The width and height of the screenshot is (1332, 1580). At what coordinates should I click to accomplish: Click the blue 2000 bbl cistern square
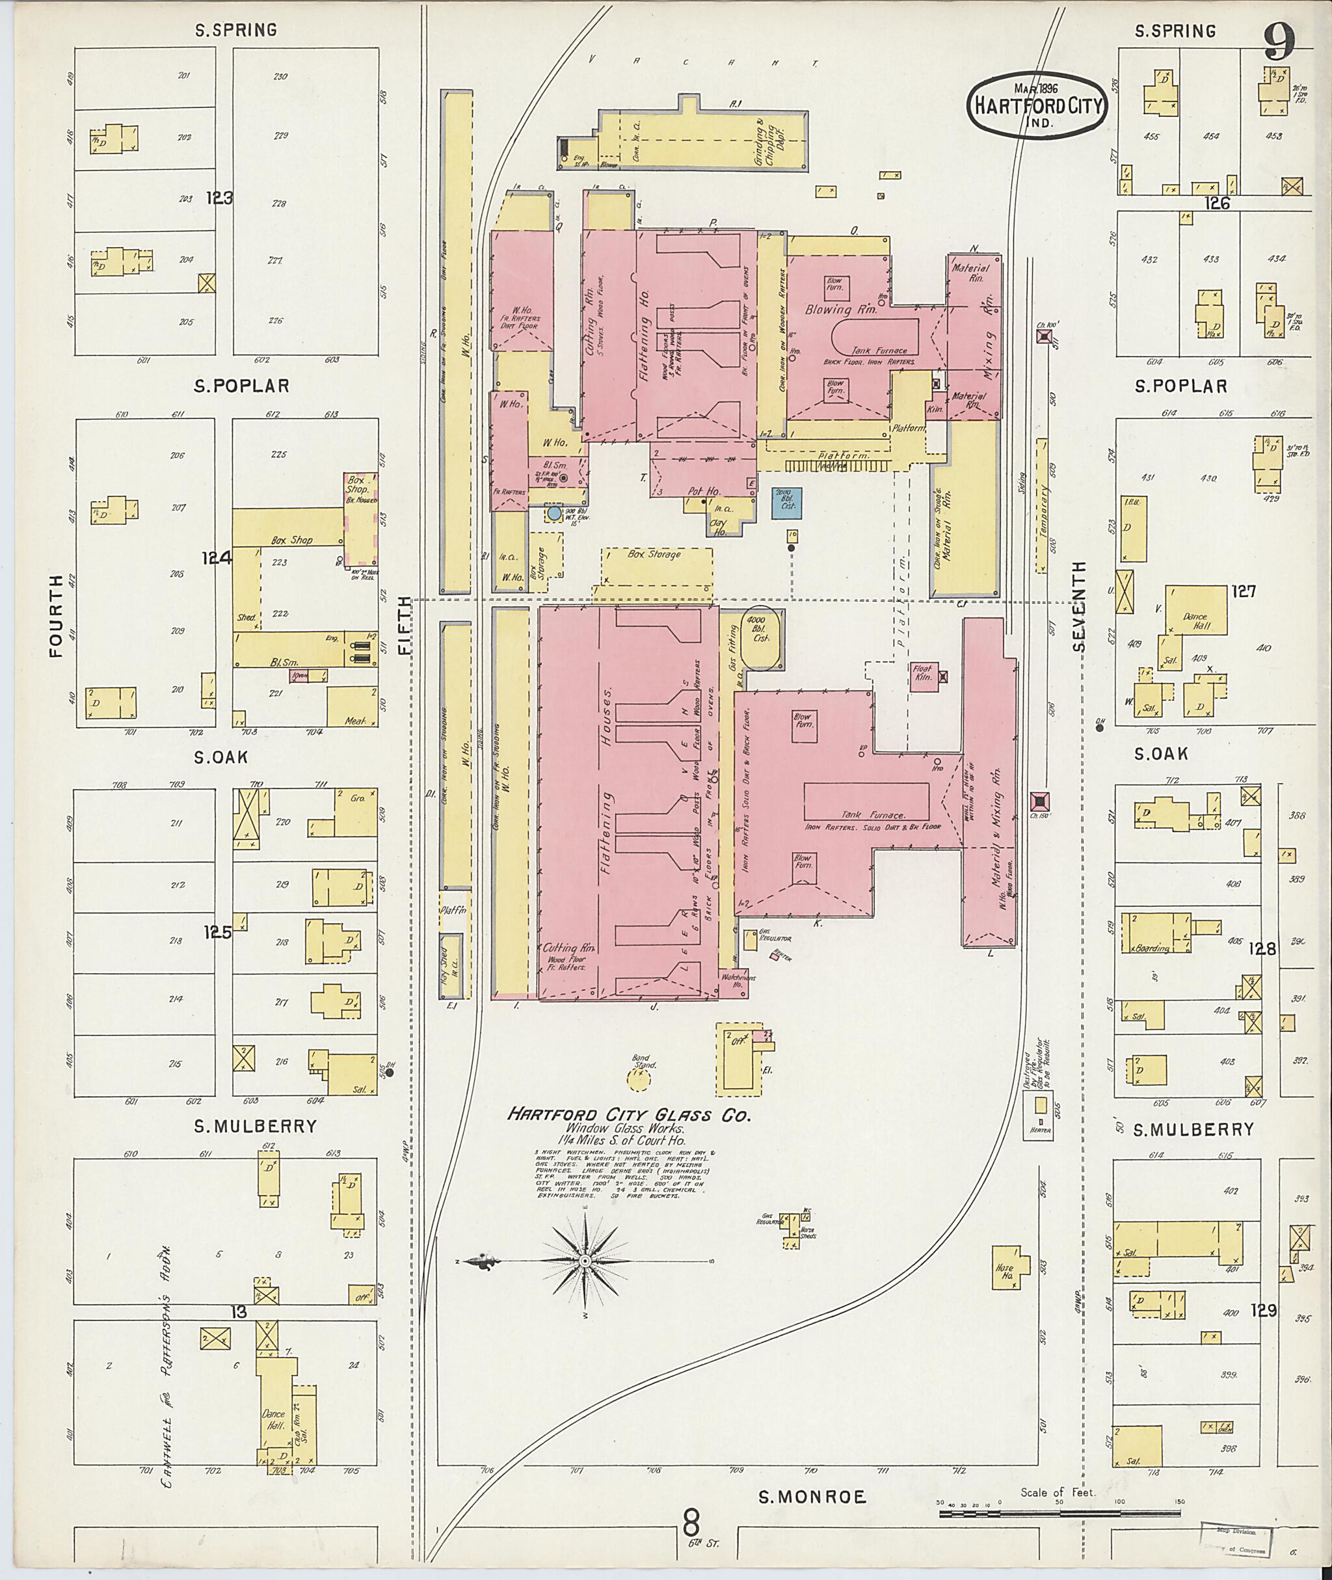pyautogui.click(x=786, y=503)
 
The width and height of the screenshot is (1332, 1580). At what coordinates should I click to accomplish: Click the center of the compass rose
pyautogui.click(x=585, y=1261)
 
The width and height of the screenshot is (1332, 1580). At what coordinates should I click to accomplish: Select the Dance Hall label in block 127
pyautogui.click(x=1196, y=621)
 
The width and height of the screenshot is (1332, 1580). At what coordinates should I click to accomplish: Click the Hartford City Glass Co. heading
pyautogui.click(x=629, y=1115)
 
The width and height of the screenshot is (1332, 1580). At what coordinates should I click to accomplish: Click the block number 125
pyautogui.click(x=217, y=933)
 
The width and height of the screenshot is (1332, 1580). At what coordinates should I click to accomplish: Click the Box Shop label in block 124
pyautogui.click(x=291, y=540)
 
